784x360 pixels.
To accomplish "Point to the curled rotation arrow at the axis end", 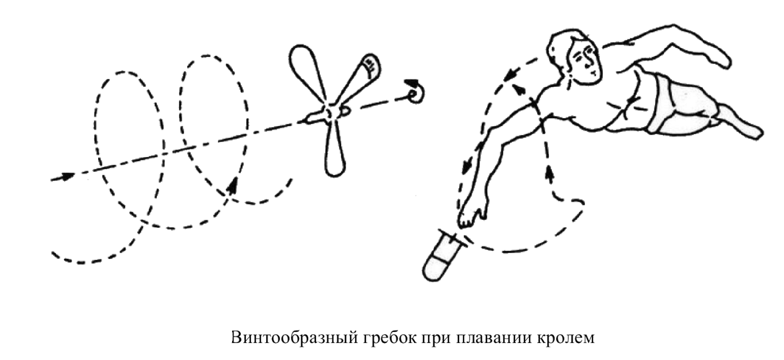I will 415,92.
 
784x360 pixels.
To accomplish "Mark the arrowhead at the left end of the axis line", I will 67,177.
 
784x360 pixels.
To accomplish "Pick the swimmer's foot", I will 746,127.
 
